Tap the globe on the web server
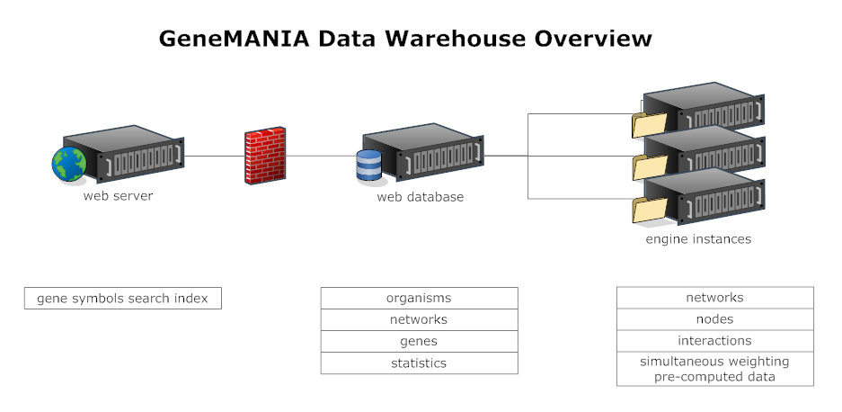(x=68, y=164)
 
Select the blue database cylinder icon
(x=369, y=166)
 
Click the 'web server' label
(x=118, y=195)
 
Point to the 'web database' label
(x=420, y=196)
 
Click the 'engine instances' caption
(x=698, y=239)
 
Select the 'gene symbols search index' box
(x=123, y=299)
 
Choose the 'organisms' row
(x=419, y=298)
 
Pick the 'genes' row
(x=419, y=342)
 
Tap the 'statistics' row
(x=419, y=363)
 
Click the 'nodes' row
(x=714, y=319)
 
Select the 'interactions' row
(x=714, y=341)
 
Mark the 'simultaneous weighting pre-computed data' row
(x=714, y=369)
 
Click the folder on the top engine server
(x=649, y=124)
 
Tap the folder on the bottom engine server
(x=650, y=209)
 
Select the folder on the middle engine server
(x=650, y=166)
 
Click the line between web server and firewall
(x=214, y=156)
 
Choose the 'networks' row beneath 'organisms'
(x=419, y=319)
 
